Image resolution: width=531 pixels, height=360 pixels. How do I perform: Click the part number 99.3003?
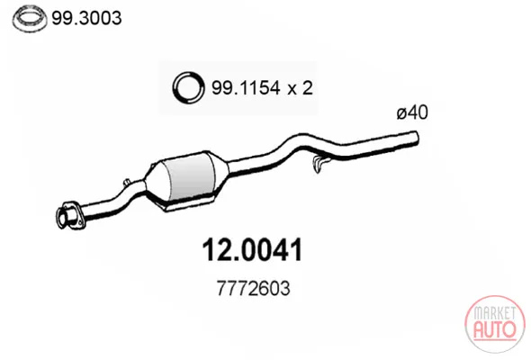(x=86, y=18)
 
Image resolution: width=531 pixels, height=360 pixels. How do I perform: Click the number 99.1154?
(x=246, y=88)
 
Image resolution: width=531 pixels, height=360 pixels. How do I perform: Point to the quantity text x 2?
(x=300, y=88)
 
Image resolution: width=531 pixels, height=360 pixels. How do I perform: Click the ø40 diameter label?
(x=412, y=112)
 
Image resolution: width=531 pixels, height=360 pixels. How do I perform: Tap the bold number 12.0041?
(x=252, y=250)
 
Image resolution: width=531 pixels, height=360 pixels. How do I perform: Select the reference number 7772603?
(x=253, y=289)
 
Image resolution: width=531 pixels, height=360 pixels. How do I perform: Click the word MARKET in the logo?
(x=494, y=313)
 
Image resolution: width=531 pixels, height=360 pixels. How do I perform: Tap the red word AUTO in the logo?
(x=494, y=328)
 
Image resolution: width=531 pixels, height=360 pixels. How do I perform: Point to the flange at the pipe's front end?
(x=68, y=215)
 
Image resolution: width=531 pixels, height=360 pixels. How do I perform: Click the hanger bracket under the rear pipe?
(x=319, y=164)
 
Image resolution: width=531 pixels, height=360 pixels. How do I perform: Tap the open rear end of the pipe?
(x=416, y=138)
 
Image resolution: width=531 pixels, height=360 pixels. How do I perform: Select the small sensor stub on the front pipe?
(x=128, y=182)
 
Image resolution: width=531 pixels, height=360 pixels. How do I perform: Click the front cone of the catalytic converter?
(x=155, y=178)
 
